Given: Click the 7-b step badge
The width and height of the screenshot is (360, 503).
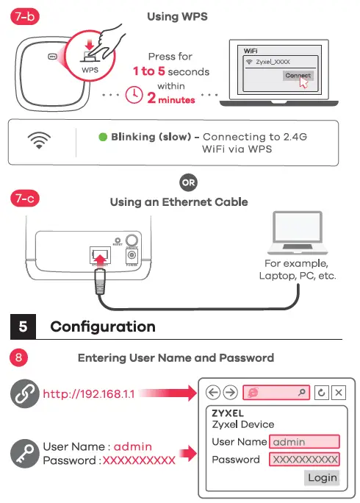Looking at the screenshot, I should click(x=25, y=16).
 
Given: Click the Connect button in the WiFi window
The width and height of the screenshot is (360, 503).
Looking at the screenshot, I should click(x=297, y=76).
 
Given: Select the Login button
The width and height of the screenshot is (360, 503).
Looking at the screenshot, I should click(x=322, y=477).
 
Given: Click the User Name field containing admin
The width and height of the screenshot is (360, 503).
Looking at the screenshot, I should click(x=304, y=442).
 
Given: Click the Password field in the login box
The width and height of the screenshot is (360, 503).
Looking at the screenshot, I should click(x=304, y=460).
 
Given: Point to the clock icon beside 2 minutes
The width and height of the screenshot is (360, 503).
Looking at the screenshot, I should click(x=134, y=96).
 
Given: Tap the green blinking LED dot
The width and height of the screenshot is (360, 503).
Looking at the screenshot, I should click(x=103, y=137).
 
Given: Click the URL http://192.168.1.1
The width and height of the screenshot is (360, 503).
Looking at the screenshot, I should click(x=88, y=394).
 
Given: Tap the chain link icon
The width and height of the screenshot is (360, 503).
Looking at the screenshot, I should click(x=25, y=394).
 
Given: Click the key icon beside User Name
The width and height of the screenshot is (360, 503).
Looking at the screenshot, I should click(x=25, y=452).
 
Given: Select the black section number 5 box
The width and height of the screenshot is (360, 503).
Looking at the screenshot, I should click(x=24, y=327).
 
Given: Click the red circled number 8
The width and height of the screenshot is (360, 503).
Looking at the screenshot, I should click(x=21, y=358).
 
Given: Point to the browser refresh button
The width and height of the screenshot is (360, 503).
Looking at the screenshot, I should click(x=321, y=393).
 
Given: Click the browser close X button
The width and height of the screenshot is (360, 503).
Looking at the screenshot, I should click(x=339, y=393).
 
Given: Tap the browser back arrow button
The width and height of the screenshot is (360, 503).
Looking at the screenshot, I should click(x=214, y=393).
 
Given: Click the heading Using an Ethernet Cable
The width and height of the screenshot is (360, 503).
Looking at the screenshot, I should click(x=179, y=202).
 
